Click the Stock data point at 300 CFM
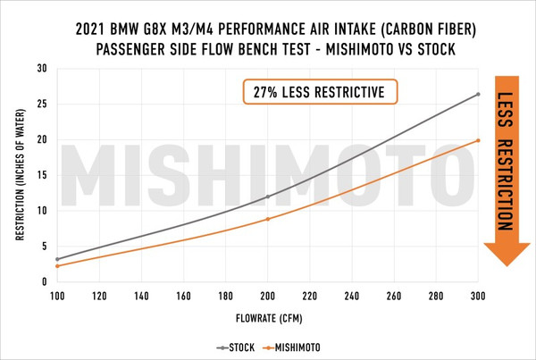(x=478, y=94)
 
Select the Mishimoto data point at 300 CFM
(x=478, y=140)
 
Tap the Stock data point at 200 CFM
(x=268, y=197)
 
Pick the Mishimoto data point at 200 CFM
(x=268, y=219)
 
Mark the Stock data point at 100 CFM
(x=57, y=259)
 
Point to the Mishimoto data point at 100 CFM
(x=57, y=266)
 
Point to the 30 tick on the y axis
(x=42, y=68)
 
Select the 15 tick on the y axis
(x=42, y=175)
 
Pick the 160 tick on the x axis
(x=183, y=295)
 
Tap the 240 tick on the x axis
(x=352, y=295)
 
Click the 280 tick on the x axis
(x=436, y=295)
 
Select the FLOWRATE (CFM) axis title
(x=268, y=317)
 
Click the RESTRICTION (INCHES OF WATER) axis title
(x=19, y=175)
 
